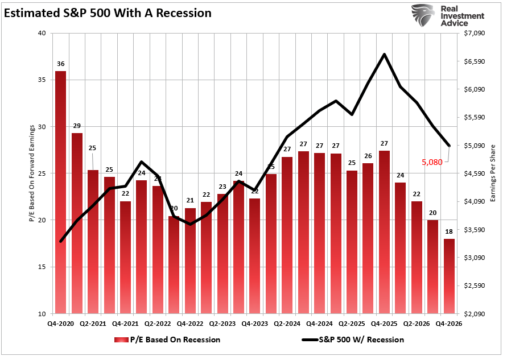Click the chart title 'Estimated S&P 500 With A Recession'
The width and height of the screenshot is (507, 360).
pyautogui.click(x=108, y=13)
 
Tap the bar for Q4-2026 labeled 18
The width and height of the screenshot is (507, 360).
pyautogui.click(x=449, y=276)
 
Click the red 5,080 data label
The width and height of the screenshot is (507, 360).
pyautogui.click(x=432, y=162)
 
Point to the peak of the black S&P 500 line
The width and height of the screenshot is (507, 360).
pyautogui.click(x=385, y=55)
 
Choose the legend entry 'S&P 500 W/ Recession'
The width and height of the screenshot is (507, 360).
pyautogui.click(x=361, y=340)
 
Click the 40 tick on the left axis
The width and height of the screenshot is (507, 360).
pyautogui.click(x=42, y=34)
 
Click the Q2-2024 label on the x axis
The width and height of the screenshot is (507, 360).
pyautogui.click(x=287, y=323)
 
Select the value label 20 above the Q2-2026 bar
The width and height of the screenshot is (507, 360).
pyautogui.click(x=433, y=213)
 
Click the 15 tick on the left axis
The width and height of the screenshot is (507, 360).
pyautogui.click(x=42, y=267)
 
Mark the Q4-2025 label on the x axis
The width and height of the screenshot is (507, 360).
pyautogui.click(x=384, y=323)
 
